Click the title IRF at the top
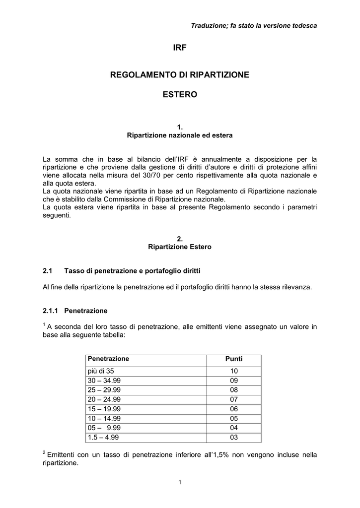coord(180,48)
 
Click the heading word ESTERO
coord(180,94)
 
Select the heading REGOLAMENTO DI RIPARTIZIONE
coord(180,74)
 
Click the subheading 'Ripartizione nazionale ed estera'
coord(180,135)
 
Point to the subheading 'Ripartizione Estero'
coord(180,247)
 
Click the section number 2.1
coord(48,270)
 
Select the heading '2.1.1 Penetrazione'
coord(75,311)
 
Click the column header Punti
coord(234,359)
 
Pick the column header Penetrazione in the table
coord(108,358)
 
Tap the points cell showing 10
coord(234,371)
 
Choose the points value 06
coord(234,408)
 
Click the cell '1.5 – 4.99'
coord(103,437)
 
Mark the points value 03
coord(234,437)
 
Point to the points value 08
coord(234,390)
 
